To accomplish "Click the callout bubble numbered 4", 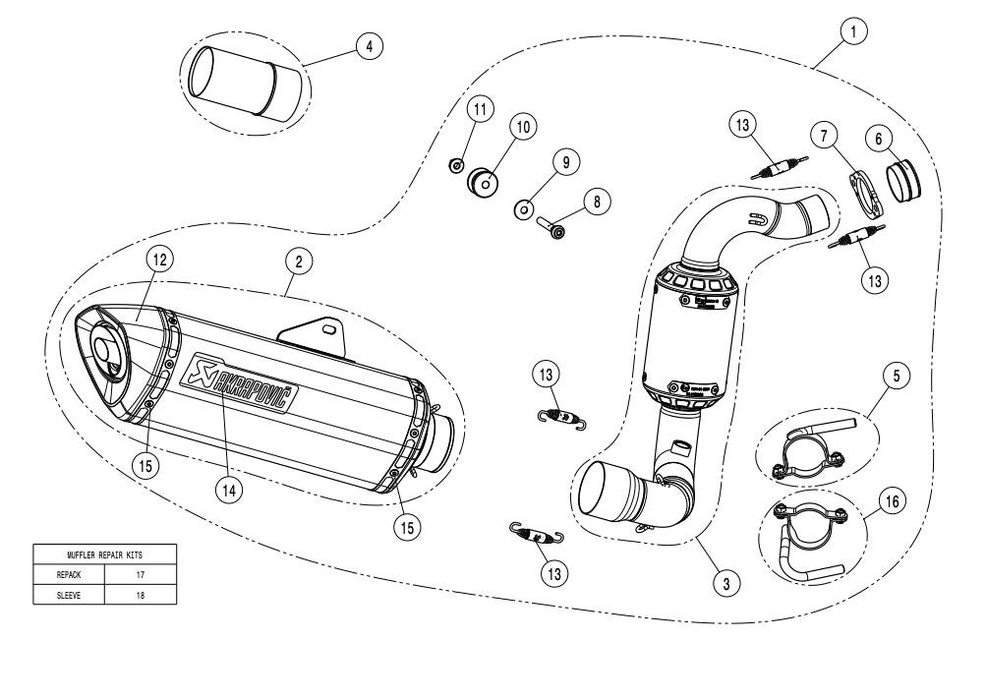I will [368, 47].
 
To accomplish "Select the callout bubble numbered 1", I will [853, 32].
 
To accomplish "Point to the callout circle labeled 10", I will [521, 127].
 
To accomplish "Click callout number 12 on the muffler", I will [159, 259].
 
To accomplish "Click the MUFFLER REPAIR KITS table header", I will [105, 553].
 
